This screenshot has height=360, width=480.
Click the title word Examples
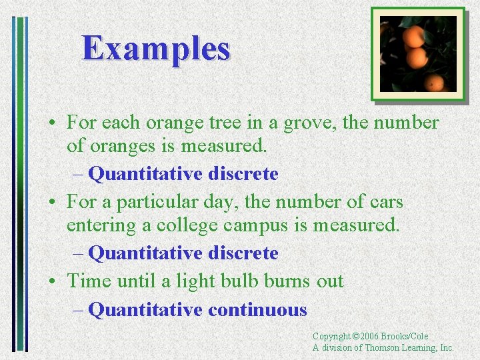[156, 49]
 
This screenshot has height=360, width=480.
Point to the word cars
[383, 202]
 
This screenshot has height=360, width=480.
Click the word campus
[256, 225]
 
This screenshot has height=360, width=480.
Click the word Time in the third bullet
[89, 281]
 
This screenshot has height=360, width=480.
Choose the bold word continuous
[257, 310]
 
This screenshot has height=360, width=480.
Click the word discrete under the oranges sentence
[243, 174]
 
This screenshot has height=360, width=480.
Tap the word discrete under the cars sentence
[243, 253]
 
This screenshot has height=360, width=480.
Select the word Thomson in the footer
[383, 347]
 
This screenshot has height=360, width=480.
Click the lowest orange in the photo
[435, 83]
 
